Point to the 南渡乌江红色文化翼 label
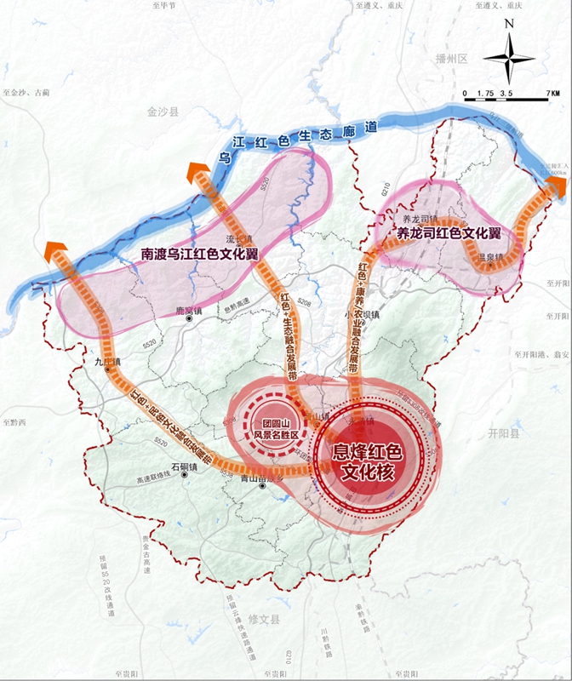coord(200,255)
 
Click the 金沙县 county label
coord(163,112)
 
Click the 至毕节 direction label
coord(163,6)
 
